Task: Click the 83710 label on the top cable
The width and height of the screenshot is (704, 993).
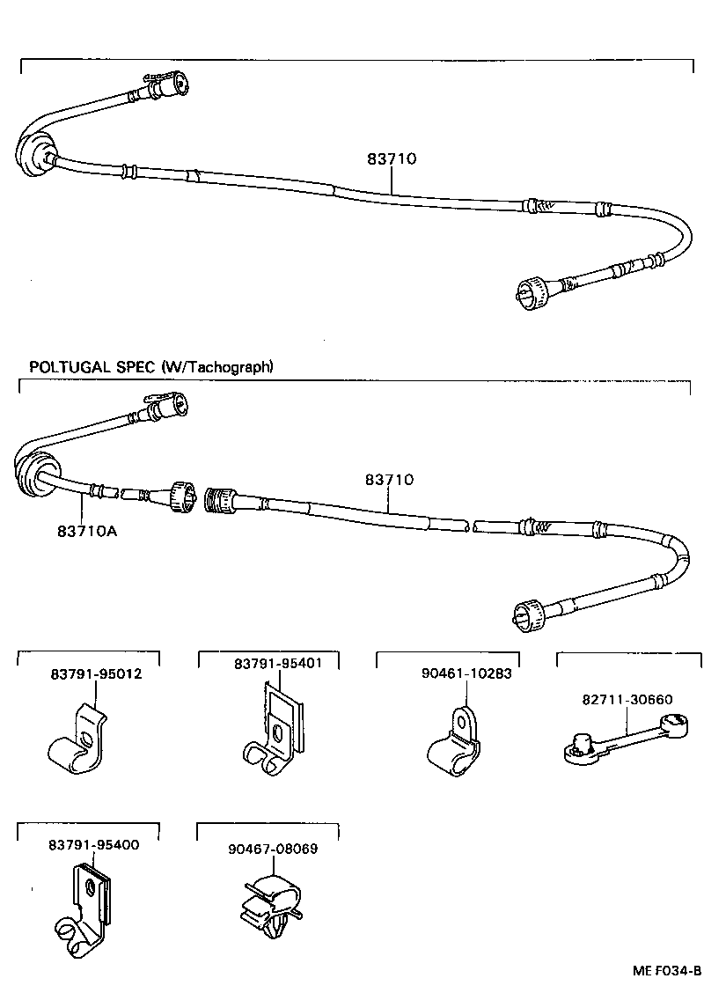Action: (391, 159)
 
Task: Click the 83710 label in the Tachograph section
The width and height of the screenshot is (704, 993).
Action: (389, 480)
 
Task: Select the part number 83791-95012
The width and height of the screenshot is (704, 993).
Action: (96, 674)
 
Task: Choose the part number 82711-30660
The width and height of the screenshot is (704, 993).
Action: (627, 700)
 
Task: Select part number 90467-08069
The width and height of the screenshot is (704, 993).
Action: (272, 849)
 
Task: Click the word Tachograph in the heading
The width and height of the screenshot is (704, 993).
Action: (224, 366)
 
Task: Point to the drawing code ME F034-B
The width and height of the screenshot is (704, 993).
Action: (665, 971)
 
